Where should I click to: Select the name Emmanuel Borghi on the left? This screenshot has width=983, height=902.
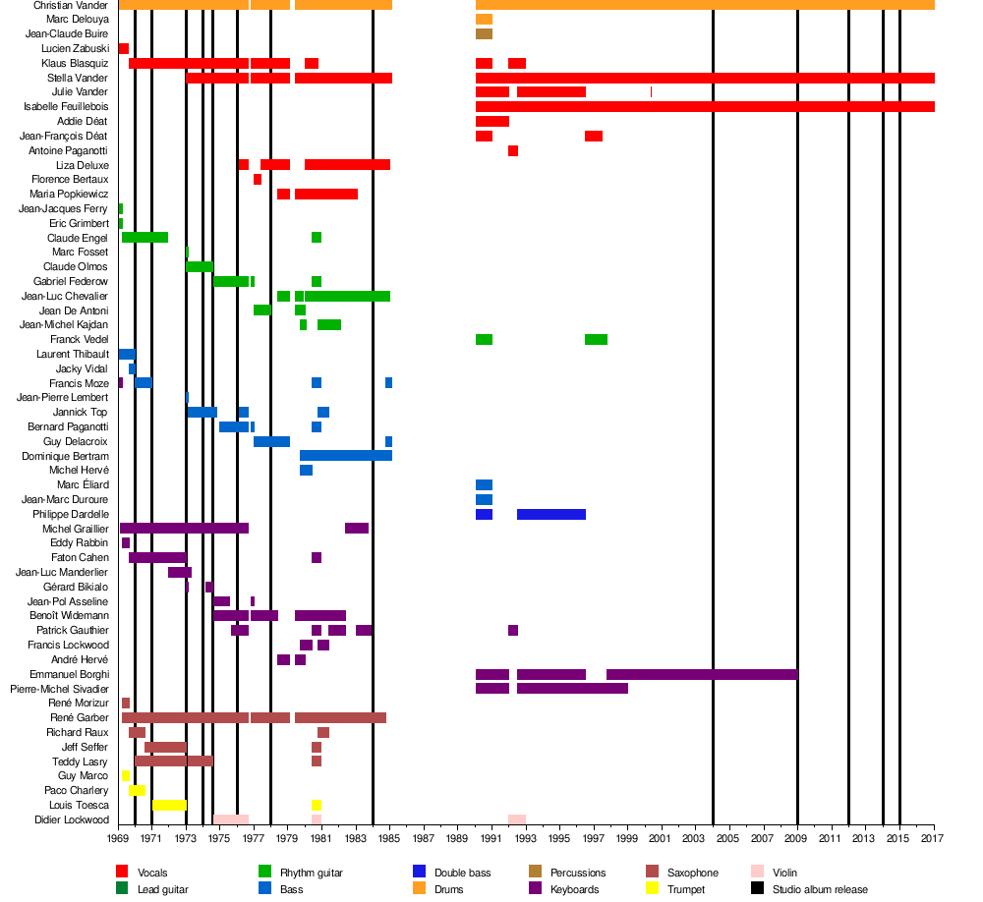point(69,674)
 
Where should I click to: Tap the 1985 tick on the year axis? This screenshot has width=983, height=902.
point(389,839)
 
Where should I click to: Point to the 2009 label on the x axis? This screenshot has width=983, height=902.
point(796,839)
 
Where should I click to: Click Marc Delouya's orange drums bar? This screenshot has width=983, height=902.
point(484,20)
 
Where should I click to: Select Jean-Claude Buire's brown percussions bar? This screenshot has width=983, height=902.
point(484,33)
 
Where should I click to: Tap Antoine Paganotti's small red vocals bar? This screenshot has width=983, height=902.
point(513,150)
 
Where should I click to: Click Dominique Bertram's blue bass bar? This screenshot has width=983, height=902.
point(346,455)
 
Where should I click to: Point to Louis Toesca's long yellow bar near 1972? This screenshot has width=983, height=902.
point(169,805)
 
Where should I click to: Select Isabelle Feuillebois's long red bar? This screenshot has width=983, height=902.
point(705,106)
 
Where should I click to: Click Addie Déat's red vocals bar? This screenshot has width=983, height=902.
point(491,121)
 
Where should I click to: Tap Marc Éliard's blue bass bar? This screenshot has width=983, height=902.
point(484,484)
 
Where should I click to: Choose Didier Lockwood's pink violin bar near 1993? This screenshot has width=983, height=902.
point(517,819)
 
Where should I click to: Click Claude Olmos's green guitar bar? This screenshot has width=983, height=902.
point(199,266)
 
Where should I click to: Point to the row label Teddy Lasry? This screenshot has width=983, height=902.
point(80,761)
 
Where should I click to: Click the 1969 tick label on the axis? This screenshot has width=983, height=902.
point(118,839)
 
